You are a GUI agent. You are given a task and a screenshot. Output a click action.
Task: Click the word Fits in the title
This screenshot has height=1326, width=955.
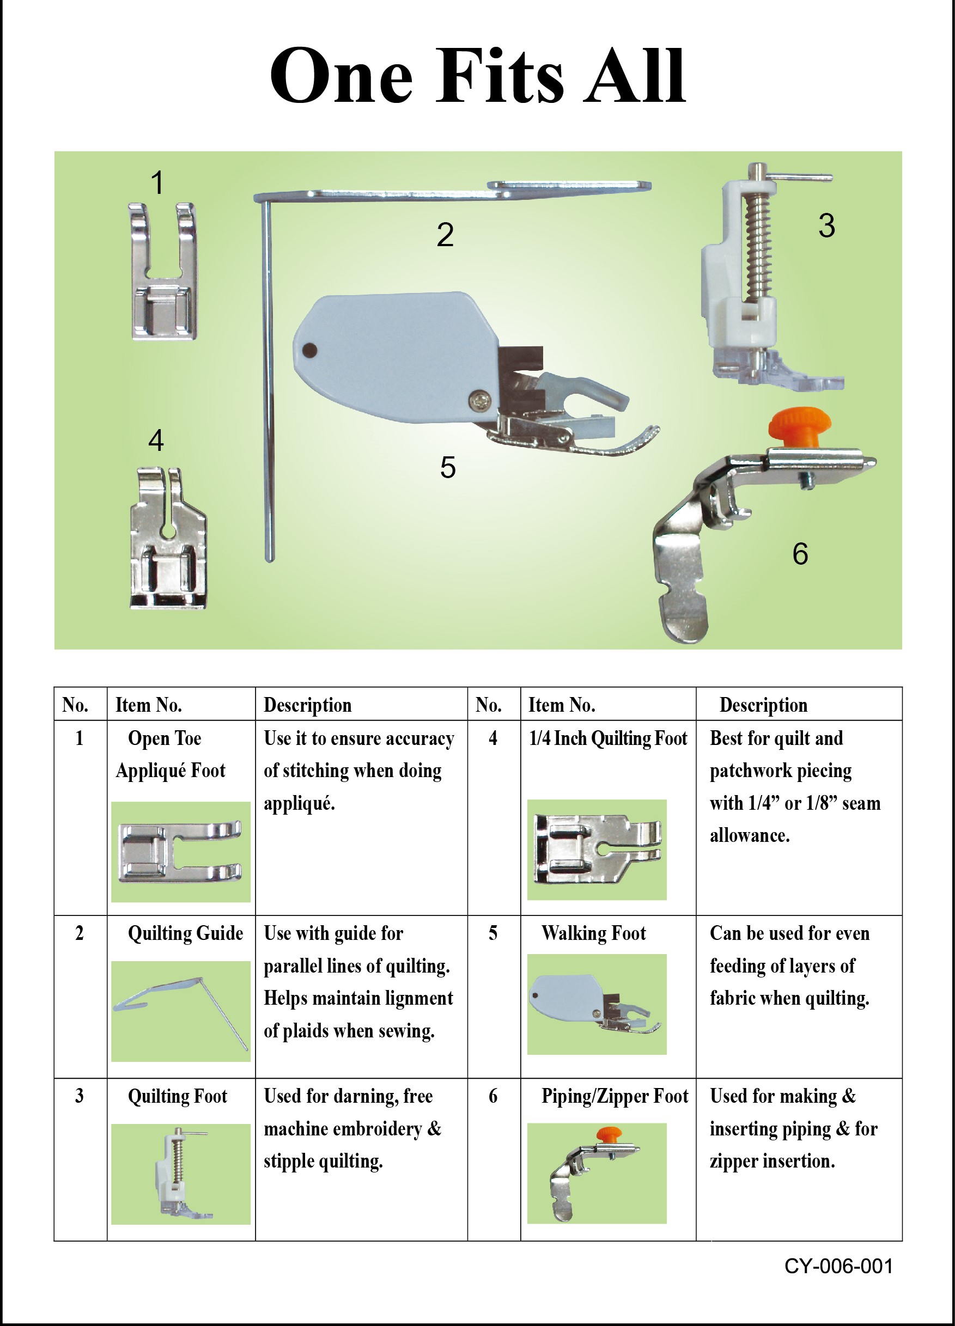coord(500,76)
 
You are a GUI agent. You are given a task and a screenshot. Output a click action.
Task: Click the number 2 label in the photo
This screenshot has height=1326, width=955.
coord(445,235)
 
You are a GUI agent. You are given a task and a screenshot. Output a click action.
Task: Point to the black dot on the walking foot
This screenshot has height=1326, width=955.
coord(310,351)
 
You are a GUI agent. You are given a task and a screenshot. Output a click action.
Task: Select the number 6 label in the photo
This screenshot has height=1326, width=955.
coord(800,554)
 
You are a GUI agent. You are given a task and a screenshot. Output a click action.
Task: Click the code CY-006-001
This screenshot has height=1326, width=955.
coord(838,1266)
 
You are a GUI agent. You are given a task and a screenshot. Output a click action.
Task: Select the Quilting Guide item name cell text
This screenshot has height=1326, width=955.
coord(185,933)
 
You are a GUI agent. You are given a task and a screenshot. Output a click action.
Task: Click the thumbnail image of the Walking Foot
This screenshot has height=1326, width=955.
coord(597,1004)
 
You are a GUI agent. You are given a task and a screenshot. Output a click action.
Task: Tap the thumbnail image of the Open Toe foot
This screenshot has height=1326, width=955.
coord(181,851)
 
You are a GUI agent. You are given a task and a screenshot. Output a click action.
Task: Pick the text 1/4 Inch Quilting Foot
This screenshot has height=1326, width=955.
coord(607,738)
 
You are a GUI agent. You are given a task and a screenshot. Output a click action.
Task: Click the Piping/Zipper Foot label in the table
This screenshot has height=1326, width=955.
coord(615,1096)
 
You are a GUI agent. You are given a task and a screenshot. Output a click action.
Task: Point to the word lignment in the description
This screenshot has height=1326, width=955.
coord(415,998)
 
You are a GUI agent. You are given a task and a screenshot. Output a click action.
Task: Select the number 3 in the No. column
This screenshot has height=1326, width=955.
coord(80,1096)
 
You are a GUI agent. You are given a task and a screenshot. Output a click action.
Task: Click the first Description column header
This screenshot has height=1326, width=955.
coord(308,705)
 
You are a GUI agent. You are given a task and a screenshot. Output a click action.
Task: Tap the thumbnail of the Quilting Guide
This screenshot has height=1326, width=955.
coord(181,1011)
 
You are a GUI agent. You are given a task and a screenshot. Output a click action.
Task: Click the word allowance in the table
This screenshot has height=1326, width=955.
coord(749,835)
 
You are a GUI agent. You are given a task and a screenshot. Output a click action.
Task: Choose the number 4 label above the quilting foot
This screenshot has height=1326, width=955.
coord(156,440)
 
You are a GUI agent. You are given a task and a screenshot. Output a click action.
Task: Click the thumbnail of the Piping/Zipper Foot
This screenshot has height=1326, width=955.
coord(597,1173)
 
